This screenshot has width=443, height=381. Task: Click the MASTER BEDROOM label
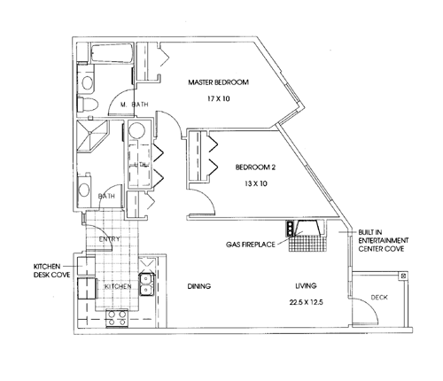pyautogui.click(x=219, y=82)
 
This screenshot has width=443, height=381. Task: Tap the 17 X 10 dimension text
pyautogui.click(x=219, y=98)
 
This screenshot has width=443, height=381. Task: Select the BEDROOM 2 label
pyautogui.click(x=255, y=167)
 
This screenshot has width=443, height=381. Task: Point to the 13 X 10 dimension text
pyautogui.click(x=256, y=183)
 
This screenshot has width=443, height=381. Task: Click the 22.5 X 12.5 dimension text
pyautogui.click(x=306, y=302)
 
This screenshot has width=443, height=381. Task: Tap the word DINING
pyautogui.click(x=199, y=286)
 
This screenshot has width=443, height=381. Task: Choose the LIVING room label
pyautogui.click(x=306, y=285)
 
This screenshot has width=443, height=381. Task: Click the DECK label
pyautogui.click(x=379, y=297)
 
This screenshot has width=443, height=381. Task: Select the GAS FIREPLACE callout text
pyautogui.click(x=251, y=245)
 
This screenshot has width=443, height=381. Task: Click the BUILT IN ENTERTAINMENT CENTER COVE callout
pyautogui.click(x=384, y=240)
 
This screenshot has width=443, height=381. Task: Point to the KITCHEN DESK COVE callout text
pyautogui.click(x=51, y=270)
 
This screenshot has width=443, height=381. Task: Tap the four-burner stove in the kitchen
pyautogui.click(x=117, y=318)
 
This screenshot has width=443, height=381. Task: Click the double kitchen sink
pyautogui.click(x=146, y=284)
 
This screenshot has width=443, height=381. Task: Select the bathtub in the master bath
pyautogui.click(x=112, y=53)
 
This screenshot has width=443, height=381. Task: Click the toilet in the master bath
pyautogui.click(x=87, y=104)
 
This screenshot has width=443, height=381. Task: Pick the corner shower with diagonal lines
pyautogui.click(x=92, y=136)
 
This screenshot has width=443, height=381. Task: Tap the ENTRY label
pyautogui.click(x=110, y=239)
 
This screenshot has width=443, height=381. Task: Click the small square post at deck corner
pyautogui.click(x=404, y=276)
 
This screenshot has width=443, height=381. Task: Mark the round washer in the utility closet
pyautogui.click(x=137, y=131)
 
